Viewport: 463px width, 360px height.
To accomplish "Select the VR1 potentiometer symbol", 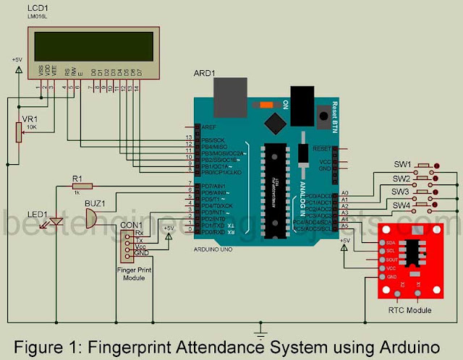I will [x=19, y=132].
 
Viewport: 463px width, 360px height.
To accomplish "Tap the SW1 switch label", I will [x=402, y=164].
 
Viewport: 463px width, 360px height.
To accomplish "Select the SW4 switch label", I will [x=402, y=207].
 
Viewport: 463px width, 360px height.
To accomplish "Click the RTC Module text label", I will [x=409, y=309].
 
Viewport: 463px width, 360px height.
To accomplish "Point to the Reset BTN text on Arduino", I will [x=334, y=112].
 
